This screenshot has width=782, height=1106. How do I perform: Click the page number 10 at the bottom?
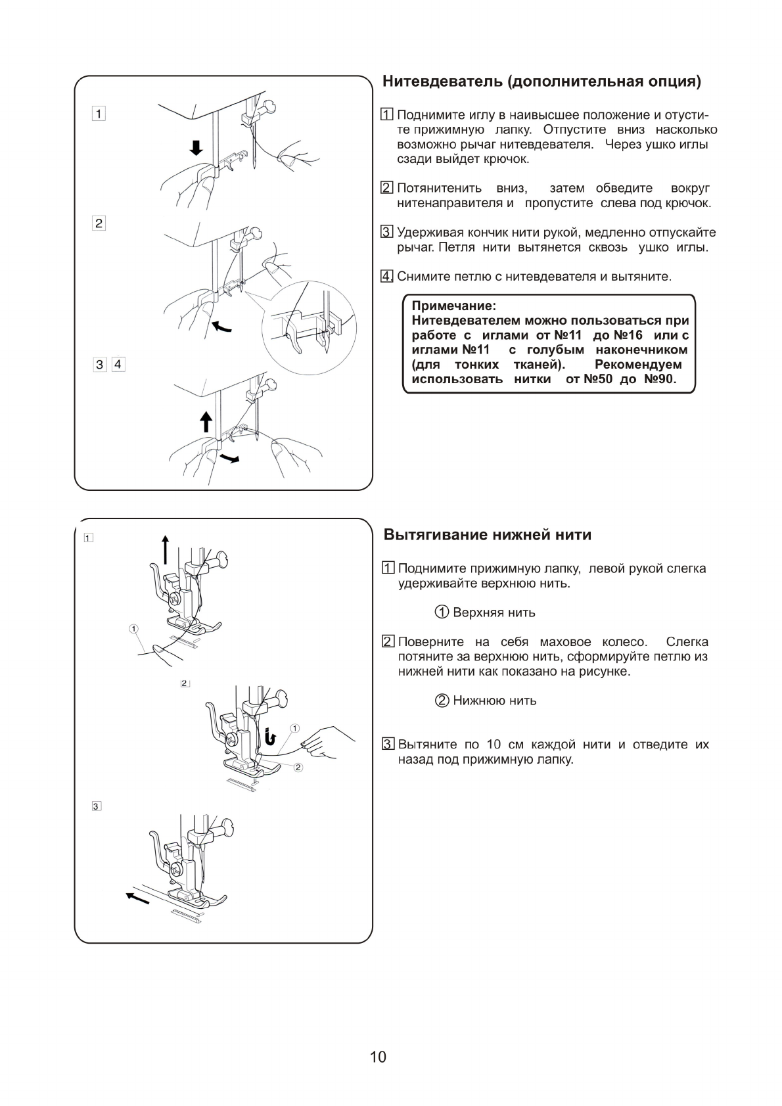tap(378, 1057)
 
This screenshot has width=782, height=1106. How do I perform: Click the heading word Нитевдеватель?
tap(442, 82)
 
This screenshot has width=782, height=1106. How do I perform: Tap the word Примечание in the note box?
tap(453, 306)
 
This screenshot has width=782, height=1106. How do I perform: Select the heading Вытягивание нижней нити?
tap(487, 535)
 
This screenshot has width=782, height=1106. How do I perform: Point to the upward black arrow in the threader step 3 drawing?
tap(206, 421)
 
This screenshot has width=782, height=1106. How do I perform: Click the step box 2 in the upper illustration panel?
tap(99, 223)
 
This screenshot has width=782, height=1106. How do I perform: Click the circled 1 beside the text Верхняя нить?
tap(442, 612)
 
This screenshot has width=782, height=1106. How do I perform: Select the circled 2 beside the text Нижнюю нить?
tap(442, 701)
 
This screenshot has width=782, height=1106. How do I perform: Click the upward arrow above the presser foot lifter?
tap(166, 549)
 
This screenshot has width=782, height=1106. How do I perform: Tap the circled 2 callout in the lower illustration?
tap(298, 767)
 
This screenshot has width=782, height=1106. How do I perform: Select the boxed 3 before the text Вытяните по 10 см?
tap(388, 745)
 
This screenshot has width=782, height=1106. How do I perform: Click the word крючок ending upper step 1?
tap(506, 159)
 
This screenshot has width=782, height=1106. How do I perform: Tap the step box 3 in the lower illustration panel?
tap(97, 806)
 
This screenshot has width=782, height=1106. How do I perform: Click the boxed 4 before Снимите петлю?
tap(388, 276)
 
